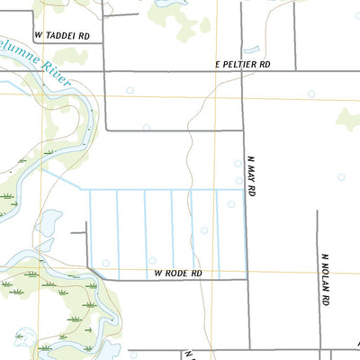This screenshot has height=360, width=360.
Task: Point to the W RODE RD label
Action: (178, 272)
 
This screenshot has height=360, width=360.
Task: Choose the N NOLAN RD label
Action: (325, 279)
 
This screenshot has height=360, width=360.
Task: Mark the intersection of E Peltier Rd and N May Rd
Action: (244, 71)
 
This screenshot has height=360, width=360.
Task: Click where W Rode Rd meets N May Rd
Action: (247, 279)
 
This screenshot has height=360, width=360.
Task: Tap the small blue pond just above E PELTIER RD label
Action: (251, 49)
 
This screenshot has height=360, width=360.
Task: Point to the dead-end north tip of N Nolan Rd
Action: (318, 211)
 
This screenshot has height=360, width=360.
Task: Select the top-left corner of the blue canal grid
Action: (88, 190)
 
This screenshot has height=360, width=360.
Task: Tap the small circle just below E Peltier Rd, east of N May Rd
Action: (311, 94)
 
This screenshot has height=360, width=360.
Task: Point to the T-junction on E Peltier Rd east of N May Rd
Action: (298, 71)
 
